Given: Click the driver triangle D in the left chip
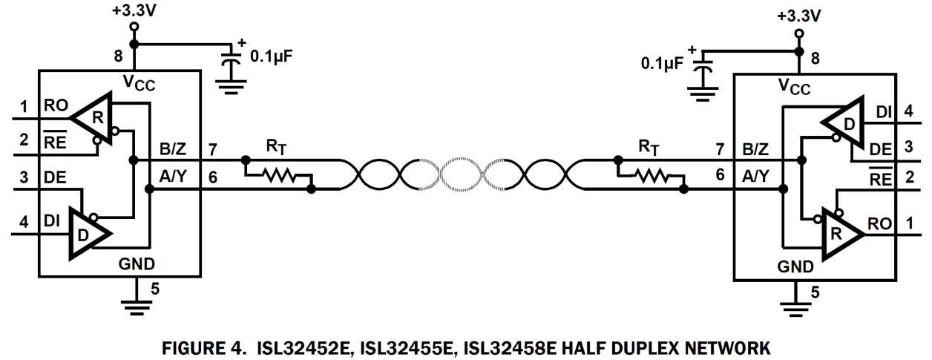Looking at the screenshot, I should [x=88, y=234].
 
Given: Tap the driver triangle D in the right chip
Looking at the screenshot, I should [x=844, y=122].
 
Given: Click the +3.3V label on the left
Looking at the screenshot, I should [x=134, y=11].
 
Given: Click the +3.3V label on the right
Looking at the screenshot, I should [x=798, y=16].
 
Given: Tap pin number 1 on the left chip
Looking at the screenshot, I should [x=23, y=106].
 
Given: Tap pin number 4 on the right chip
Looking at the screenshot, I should [x=908, y=112].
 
